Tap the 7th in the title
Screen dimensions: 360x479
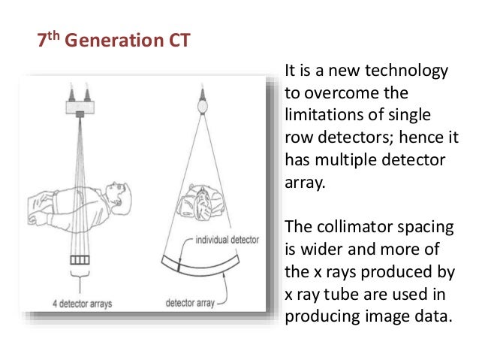coord(48,40)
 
